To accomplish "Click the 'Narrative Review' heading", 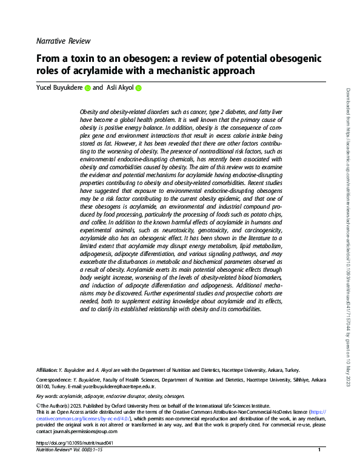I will (x=64, y=41).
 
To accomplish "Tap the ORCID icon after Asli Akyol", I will (x=138, y=89).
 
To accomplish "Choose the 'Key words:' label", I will (x=48, y=395).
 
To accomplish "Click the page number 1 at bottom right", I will (x=319, y=450).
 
